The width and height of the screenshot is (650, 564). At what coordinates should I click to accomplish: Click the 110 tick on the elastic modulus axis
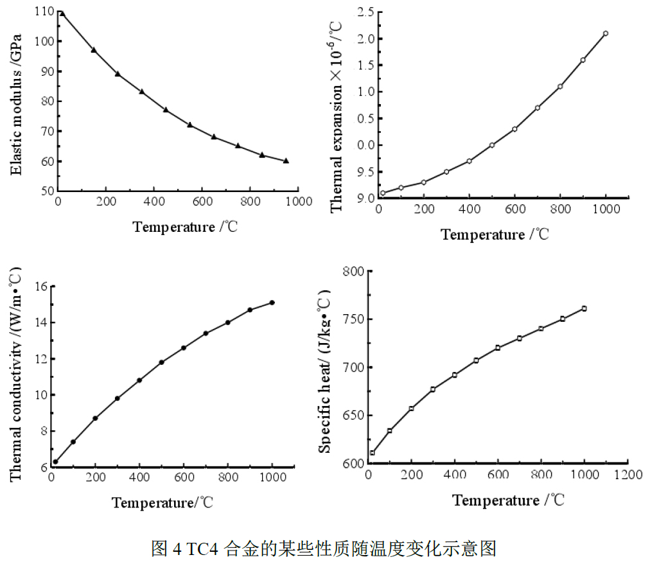pyautogui.click(x=44, y=11)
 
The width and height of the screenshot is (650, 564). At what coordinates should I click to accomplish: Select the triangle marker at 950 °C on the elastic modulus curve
pyautogui.click(x=286, y=161)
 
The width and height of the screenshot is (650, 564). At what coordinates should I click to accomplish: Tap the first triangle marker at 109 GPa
pyautogui.click(x=62, y=13)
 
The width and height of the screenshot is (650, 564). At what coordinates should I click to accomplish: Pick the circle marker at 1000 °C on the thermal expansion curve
pyautogui.click(x=605, y=33)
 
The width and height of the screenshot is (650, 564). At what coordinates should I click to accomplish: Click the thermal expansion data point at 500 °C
pyautogui.click(x=492, y=145)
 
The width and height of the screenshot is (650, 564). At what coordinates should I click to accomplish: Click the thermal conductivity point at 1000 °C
pyautogui.click(x=272, y=303)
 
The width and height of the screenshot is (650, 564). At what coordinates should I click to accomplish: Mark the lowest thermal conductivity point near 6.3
pyautogui.click(x=56, y=462)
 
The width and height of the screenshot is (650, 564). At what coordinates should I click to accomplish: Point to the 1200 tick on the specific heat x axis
pyautogui.click(x=628, y=475)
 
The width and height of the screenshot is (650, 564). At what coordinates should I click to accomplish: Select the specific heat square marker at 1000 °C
pyautogui.click(x=584, y=308)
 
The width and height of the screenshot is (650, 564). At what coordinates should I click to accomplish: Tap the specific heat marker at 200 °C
pyautogui.click(x=411, y=409)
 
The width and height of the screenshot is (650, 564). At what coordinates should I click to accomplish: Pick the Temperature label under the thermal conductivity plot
pyautogui.click(x=162, y=502)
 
